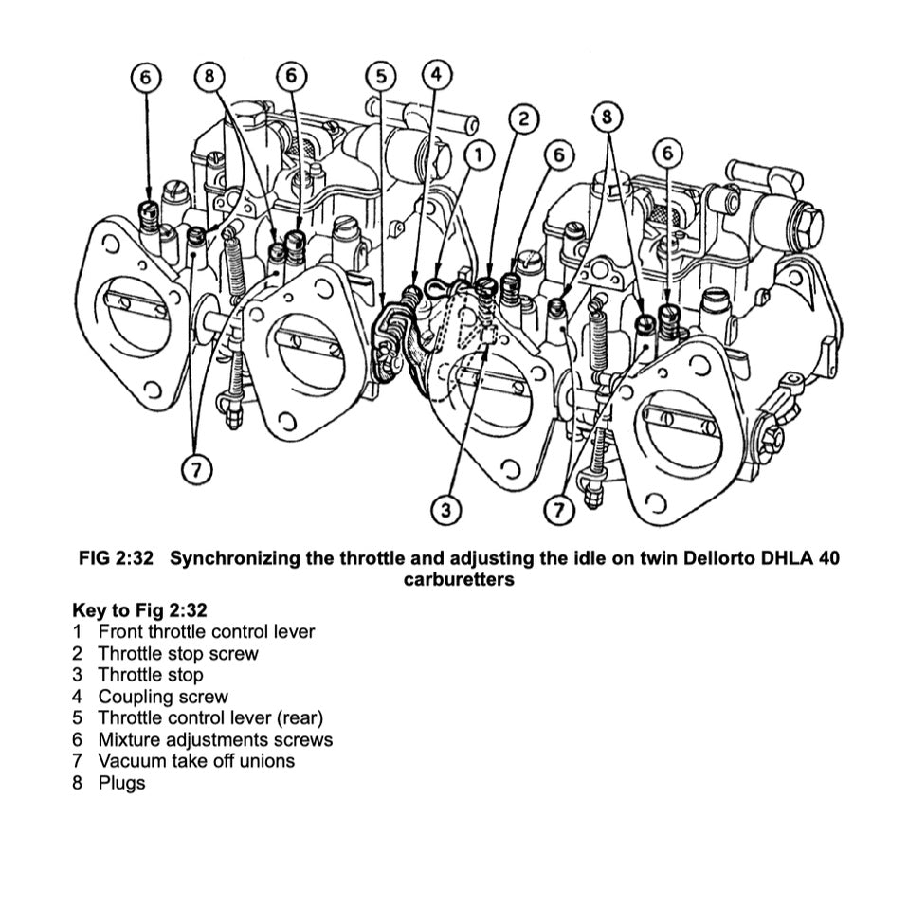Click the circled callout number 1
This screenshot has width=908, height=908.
480,154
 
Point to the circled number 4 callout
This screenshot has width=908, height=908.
435,75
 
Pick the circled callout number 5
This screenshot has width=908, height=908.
380,78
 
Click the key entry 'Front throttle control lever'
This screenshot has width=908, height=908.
206,631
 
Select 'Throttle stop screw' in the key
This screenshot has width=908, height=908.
177,653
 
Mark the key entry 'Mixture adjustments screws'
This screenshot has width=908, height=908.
215,739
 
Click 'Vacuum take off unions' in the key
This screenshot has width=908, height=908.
196,761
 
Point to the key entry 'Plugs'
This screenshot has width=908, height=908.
121,783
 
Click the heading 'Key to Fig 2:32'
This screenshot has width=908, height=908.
139,609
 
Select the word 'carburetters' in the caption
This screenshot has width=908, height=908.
459,579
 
